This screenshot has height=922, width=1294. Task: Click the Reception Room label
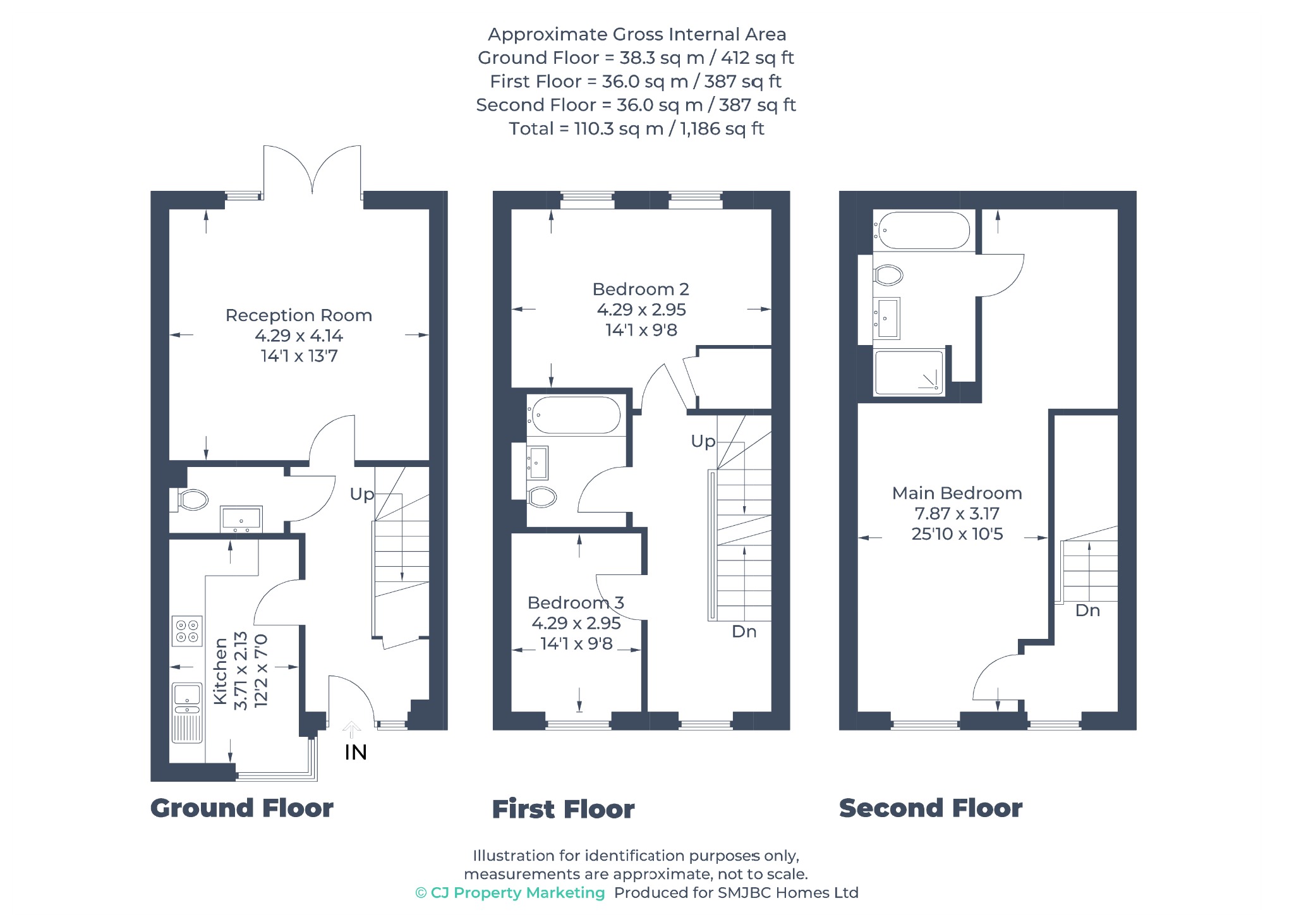coord(298,315)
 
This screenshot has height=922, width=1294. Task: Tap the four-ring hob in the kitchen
coord(187,631)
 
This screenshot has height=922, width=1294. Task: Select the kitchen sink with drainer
coord(187,713)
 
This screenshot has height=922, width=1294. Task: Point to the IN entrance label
coord(355,752)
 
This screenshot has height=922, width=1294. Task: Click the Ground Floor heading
coord(241,808)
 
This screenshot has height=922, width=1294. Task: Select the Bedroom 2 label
coord(640,289)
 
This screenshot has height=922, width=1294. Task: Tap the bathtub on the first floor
coord(576,415)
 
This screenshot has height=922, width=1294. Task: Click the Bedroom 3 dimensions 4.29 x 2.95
coord(576,623)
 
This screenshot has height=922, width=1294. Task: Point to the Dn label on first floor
coord(744,631)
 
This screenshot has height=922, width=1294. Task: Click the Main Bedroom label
coord(957,493)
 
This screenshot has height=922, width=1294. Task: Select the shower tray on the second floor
coord(909,373)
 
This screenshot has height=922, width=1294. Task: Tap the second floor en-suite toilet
coord(888,275)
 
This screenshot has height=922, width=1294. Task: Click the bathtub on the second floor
coord(923,230)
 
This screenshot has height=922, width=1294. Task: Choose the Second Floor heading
coord(930,808)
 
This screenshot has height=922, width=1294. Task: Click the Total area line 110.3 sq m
coord(636,128)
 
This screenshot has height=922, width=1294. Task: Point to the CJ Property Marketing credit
coord(510,892)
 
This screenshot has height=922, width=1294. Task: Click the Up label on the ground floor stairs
coord(361,494)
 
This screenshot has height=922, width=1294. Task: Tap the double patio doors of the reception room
coord(312,169)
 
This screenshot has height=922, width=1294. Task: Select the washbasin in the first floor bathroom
coord(537,463)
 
